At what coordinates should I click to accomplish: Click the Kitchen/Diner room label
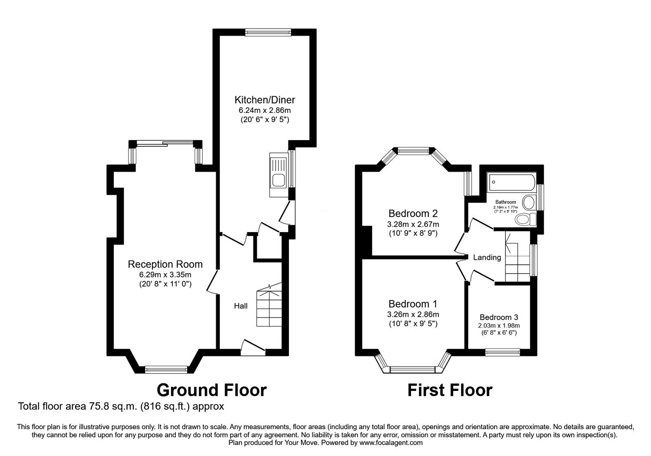[x=264, y=100]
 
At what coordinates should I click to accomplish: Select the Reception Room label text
[x=165, y=264]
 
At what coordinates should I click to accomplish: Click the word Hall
[x=240, y=306]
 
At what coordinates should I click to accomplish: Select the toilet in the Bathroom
[x=525, y=220]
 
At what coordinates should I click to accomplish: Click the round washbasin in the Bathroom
[x=529, y=202]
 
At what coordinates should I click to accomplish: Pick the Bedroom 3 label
[x=499, y=317]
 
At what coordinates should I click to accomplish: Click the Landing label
[x=487, y=257]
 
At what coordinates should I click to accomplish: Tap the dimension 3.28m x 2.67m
[x=413, y=224]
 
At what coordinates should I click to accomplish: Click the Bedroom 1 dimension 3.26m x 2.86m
[x=413, y=314]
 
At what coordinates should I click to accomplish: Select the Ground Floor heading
[x=212, y=390]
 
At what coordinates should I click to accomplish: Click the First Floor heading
[x=450, y=390]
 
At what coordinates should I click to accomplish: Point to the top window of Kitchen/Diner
[x=268, y=32]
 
